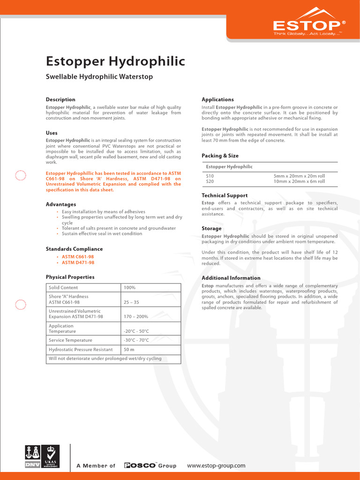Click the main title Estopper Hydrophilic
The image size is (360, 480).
(115, 61)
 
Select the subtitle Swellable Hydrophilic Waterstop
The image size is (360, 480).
(99, 76)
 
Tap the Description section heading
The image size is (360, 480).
(60, 99)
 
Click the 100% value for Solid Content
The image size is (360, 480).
(129, 287)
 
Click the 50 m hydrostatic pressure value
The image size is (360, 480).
(129, 349)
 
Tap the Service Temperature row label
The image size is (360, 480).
(70, 340)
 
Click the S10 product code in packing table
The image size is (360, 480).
(210, 176)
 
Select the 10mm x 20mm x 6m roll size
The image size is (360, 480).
(299, 181)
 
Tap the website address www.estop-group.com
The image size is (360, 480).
(216, 465)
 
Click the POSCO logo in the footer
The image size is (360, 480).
(140, 465)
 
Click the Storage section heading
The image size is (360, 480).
(211, 228)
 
